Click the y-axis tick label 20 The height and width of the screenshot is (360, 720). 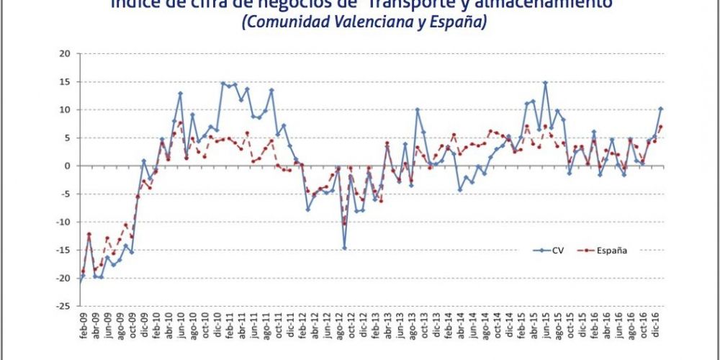tap(64, 53)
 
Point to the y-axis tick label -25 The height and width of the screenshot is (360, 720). tap(63, 306)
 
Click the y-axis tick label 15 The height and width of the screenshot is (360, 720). tap(64, 81)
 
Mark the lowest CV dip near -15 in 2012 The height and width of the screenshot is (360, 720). tap(344, 248)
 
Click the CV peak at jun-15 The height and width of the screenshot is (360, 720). tap(545, 83)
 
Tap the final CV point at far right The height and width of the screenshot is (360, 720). tap(661, 109)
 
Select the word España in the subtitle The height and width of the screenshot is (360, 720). tap(462, 22)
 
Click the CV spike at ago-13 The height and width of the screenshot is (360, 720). tap(417, 109)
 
